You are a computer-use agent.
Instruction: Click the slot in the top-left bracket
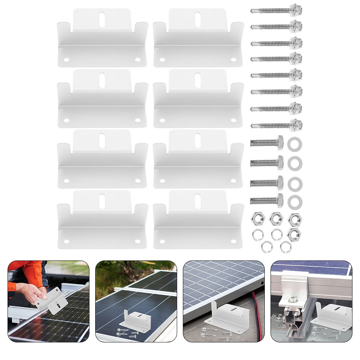pos(102,19)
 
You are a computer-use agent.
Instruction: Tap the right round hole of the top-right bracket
pos(234,60)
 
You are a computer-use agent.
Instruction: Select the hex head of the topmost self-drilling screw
pos(296,10)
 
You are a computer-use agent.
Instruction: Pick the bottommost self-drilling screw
pos(276,125)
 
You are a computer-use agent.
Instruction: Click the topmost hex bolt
pos(267,143)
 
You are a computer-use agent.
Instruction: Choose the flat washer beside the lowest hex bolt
pos(295,202)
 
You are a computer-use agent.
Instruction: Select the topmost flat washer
pos(295,144)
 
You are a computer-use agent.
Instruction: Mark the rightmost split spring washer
pos(286,246)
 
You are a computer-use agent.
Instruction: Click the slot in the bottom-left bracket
pos(102,201)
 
